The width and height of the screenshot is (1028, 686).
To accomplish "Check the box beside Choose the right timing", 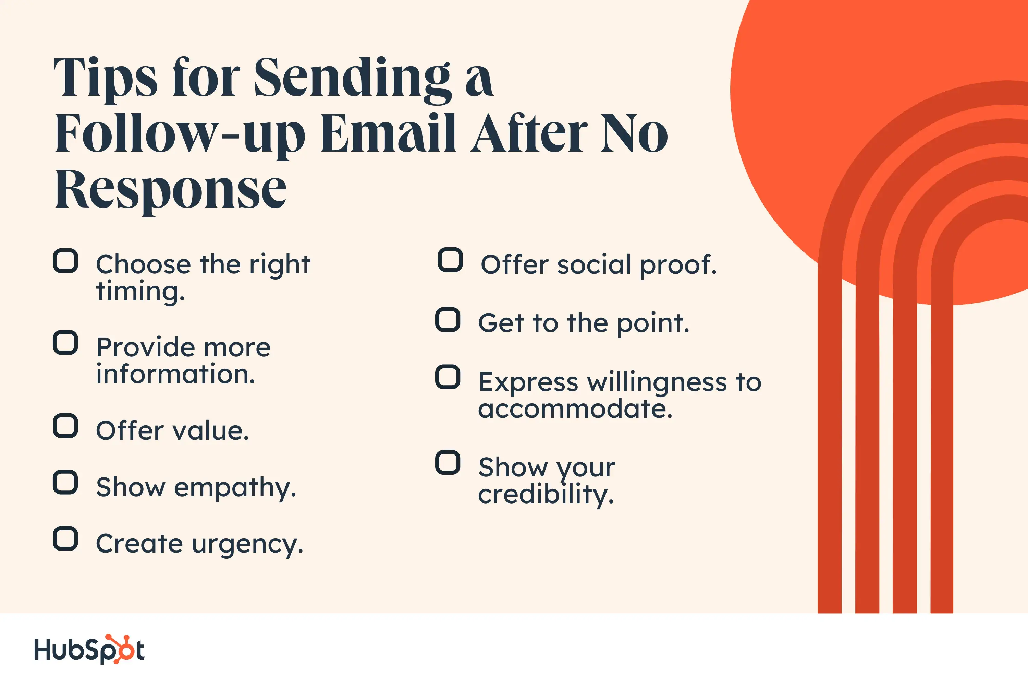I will [65, 261].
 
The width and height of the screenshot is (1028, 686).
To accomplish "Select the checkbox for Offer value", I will [65, 426].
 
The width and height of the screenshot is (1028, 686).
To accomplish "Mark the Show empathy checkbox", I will [65, 483].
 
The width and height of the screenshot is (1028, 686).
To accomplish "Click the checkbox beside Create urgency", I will [65, 539].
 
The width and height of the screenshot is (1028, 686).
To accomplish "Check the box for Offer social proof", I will [450, 260].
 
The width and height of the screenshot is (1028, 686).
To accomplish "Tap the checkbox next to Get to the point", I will [448, 320].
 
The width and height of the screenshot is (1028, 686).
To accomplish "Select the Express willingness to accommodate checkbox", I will [448, 377].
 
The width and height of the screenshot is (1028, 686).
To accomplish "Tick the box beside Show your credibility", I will [448, 462].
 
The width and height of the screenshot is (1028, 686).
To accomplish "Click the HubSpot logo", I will [89, 649].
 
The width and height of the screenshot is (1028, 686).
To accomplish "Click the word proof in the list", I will [678, 265].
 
